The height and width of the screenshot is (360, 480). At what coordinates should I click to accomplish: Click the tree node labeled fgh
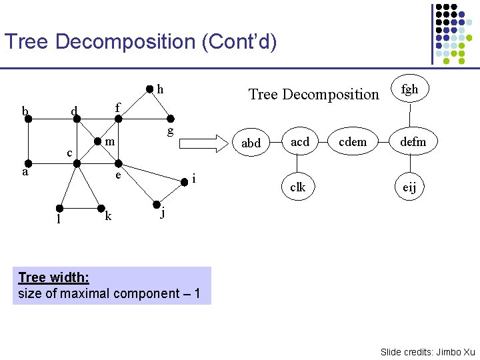tap(409, 89)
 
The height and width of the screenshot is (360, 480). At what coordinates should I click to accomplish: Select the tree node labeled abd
tap(251, 143)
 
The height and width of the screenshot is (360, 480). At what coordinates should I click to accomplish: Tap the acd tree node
tap(300, 141)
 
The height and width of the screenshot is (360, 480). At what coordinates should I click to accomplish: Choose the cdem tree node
tap(353, 141)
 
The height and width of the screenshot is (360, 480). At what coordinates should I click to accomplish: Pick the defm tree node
tap(412, 141)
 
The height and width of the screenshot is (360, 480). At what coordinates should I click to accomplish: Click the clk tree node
tap(297, 187)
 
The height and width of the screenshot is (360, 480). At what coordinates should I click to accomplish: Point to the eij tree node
tap(409, 188)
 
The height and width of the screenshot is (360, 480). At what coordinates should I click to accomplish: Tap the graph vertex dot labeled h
tap(149, 89)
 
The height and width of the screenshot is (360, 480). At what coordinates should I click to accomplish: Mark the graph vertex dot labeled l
tap(59, 207)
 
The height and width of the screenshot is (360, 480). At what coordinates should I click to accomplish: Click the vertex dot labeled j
tap(155, 205)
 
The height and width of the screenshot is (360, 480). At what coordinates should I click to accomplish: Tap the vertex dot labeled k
tap(100, 207)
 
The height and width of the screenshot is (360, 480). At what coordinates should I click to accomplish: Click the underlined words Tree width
tap(54, 277)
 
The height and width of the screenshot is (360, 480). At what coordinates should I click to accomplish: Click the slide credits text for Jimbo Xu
tap(427, 351)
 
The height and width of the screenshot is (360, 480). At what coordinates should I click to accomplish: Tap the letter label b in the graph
tap(25, 111)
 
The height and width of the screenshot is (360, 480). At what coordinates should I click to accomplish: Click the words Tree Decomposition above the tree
tap(313, 94)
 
